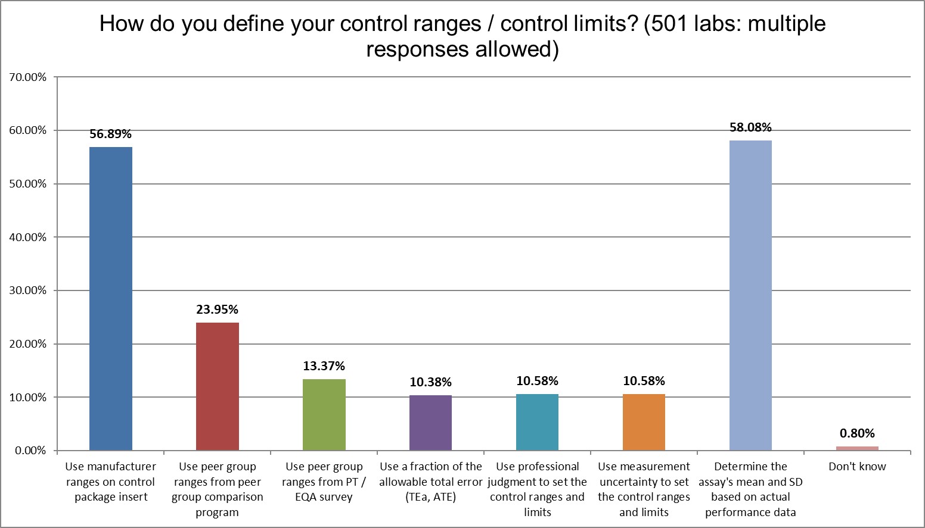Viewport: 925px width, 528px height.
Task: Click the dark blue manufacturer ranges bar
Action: (111, 298)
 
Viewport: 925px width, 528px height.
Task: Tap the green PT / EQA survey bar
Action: (324, 414)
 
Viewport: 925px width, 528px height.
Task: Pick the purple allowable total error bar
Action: (430, 422)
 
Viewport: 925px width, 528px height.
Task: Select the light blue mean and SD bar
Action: (750, 295)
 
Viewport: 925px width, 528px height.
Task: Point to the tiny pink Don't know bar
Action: (857, 448)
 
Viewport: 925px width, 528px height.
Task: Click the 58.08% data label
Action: (750, 127)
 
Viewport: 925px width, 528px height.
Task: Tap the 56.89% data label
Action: (111, 135)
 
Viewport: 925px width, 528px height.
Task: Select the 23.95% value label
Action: (218, 310)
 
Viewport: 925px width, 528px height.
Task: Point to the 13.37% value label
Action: (324, 366)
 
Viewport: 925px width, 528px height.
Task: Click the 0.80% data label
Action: (857, 433)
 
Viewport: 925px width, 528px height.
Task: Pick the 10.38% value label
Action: (430, 382)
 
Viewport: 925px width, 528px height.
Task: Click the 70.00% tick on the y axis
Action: (26, 77)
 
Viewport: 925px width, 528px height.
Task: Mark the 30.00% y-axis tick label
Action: (26, 290)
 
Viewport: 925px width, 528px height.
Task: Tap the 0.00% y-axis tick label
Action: (29, 451)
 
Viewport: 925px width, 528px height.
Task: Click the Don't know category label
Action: (857, 467)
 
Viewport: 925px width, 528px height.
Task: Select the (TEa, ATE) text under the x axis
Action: (430, 497)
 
